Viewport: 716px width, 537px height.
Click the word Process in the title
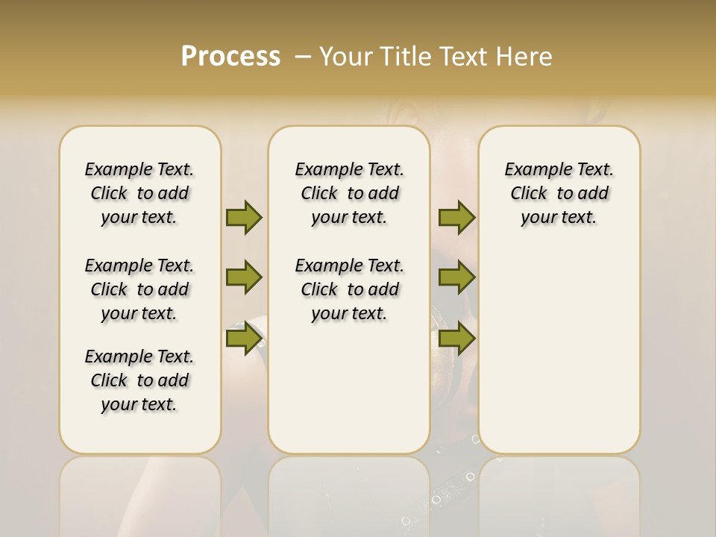[230, 57]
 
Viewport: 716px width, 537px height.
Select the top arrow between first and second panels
[244, 217]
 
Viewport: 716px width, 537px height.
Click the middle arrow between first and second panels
[244, 278]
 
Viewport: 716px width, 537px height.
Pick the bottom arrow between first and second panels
[244, 339]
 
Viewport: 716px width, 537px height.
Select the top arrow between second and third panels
[456, 217]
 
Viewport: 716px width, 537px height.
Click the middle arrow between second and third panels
[456, 278]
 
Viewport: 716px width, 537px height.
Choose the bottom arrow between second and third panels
[456, 339]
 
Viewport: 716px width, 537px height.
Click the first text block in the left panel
[139, 193]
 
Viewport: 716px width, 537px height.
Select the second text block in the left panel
[139, 289]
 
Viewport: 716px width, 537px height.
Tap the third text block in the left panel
[139, 380]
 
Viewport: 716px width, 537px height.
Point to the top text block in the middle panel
[349, 193]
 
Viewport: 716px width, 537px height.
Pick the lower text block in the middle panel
[349, 289]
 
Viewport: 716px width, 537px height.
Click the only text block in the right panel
[559, 193]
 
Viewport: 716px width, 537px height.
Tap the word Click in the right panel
[529, 194]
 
